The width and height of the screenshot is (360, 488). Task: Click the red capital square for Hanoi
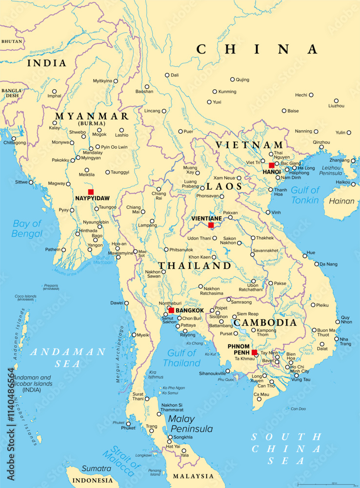pyautogui.click(x=272, y=165)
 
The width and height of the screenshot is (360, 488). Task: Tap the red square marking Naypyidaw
pyautogui.click(x=90, y=192)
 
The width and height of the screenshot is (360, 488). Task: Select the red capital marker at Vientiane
pyautogui.click(x=211, y=225)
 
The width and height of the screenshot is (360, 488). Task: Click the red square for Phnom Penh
pyautogui.click(x=254, y=352)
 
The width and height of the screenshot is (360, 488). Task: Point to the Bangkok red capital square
pyautogui.click(x=171, y=310)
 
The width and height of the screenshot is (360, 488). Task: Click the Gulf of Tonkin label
pyautogui.click(x=305, y=195)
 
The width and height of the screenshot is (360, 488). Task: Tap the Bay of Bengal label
pyautogui.click(x=27, y=228)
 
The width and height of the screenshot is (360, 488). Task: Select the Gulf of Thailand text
pyautogui.click(x=181, y=358)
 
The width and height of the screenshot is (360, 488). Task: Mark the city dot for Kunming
pyautogui.click(x=215, y=92)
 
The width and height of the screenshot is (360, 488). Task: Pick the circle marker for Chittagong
pyautogui.click(x=13, y=138)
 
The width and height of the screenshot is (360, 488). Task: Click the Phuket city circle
pyautogui.click(x=129, y=423)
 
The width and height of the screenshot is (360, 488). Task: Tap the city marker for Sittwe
pyautogui.click(x=33, y=182)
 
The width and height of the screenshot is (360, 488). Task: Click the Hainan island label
pyautogui.click(x=341, y=201)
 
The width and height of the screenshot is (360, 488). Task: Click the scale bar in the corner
pyautogui.click(x=326, y=484)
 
